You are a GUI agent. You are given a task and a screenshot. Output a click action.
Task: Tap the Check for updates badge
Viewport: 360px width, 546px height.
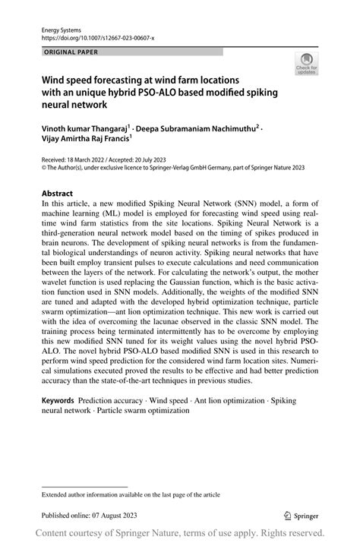(306, 65)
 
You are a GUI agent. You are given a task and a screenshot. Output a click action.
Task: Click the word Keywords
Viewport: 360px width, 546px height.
(59, 399)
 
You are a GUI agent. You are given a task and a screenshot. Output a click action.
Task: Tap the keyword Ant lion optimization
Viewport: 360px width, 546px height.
(222, 399)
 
